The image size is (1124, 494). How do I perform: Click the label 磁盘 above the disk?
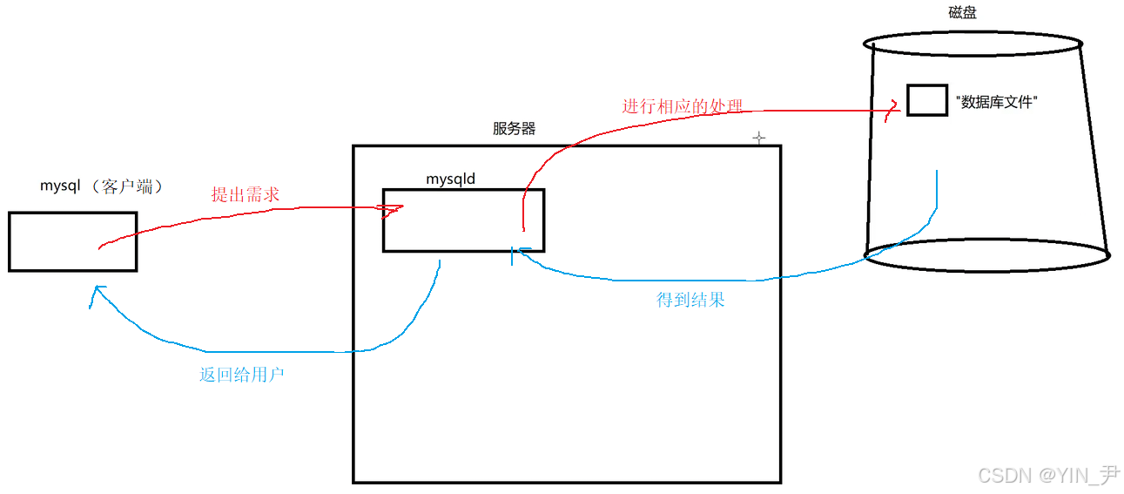pos(962,12)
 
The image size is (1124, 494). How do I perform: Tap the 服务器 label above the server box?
pos(514,129)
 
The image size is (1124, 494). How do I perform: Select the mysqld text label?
pos(450,179)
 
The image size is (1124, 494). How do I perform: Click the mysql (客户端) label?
pos(102,186)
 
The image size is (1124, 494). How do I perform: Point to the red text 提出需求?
pos(245,194)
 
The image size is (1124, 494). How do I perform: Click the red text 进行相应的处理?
pos(683,106)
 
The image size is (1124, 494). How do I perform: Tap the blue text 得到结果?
pos(690,300)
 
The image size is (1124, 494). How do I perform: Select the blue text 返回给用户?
pos(242,376)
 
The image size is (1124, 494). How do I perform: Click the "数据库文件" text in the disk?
pos(997,102)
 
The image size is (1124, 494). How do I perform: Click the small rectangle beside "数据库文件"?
pos(926,100)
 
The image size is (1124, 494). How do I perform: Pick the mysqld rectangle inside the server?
pos(463,220)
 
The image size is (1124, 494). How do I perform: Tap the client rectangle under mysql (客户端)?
pos(72,241)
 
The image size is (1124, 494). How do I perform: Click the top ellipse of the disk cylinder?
pos(973,42)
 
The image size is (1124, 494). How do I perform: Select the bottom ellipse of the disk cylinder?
pos(987,256)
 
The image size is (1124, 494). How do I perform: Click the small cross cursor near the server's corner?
pos(758,138)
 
